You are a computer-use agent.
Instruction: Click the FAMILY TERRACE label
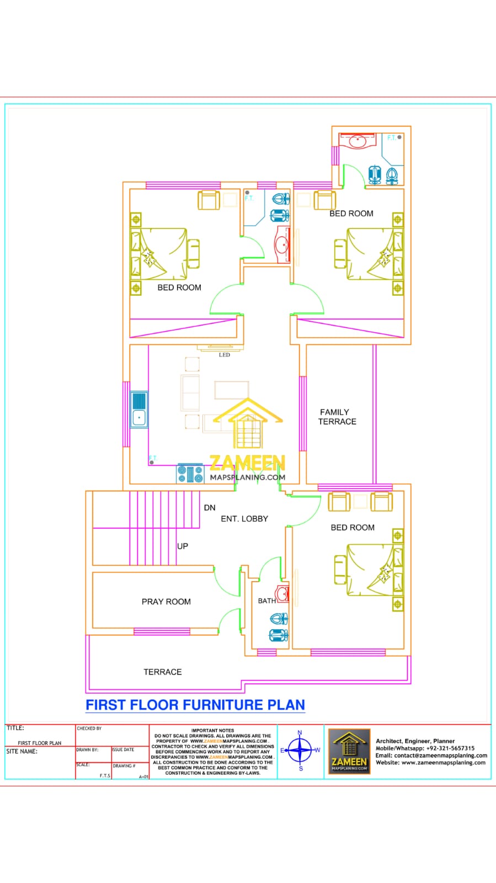tap(337, 417)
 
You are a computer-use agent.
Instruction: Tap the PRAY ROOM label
tap(166, 602)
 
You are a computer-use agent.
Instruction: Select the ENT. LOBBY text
tap(244, 519)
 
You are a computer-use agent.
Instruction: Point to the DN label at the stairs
tap(210, 508)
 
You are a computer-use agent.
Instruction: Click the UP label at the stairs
tap(183, 546)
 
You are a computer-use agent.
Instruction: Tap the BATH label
tap(266, 601)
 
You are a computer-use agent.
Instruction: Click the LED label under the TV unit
tap(224, 355)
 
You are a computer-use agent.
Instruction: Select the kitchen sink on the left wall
tap(139, 409)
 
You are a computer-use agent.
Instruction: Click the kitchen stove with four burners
tap(190, 474)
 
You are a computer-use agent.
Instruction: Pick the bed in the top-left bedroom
tap(160, 254)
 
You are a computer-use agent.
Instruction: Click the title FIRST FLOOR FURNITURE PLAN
tap(195, 705)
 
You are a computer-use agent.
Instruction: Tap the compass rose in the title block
tap(300, 751)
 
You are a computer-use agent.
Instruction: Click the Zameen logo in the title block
tap(349, 751)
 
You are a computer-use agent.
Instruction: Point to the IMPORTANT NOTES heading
tap(212, 730)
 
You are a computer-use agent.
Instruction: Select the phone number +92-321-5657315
tap(450, 748)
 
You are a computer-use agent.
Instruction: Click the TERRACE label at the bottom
tap(162, 672)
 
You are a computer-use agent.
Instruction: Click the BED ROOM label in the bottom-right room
tap(353, 528)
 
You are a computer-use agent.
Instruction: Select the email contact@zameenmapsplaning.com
tap(440, 756)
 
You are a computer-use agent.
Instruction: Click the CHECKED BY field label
tap(89, 728)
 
